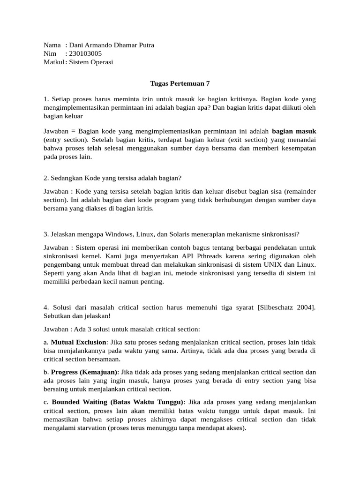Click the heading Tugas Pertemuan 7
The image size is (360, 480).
pyautogui.click(x=180, y=83)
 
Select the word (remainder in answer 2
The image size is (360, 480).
pyautogui.click(x=297, y=191)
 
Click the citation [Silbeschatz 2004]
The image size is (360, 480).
pyautogui.click(x=288, y=307)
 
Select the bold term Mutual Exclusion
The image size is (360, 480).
pyautogui.click(x=79, y=342)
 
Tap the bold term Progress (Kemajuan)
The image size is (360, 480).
pyautogui.click(x=84, y=372)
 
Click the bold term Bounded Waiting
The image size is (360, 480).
pyautogui.click(x=80, y=402)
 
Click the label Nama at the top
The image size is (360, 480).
pyautogui.click(x=52, y=45)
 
